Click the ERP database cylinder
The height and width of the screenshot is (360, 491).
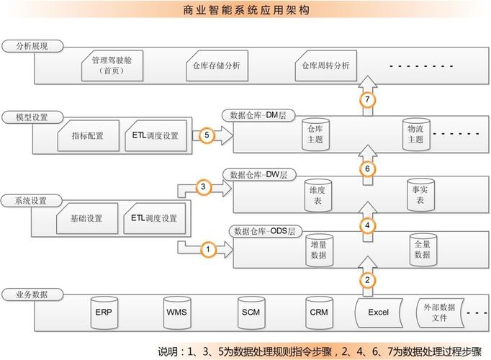click(x=104, y=312)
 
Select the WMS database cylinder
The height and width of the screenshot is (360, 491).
click(x=176, y=312)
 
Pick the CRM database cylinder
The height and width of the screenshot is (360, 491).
click(x=319, y=312)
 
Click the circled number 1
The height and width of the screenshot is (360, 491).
click(x=207, y=249)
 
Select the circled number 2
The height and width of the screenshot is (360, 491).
click(x=367, y=280)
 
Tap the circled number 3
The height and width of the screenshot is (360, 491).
click(x=203, y=187)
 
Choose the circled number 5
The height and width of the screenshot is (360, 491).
click(x=207, y=135)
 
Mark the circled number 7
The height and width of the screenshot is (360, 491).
click(x=367, y=100)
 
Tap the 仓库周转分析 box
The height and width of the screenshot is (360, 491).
click(x=325, y=66)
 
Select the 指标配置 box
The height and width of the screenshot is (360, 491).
click(x=87, y=135)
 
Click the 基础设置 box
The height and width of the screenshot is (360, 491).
click(x=87, y=218)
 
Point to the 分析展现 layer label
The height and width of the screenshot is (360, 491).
click(x=32, y=45)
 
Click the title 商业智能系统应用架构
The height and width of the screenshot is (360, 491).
click(x=245, y=11)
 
